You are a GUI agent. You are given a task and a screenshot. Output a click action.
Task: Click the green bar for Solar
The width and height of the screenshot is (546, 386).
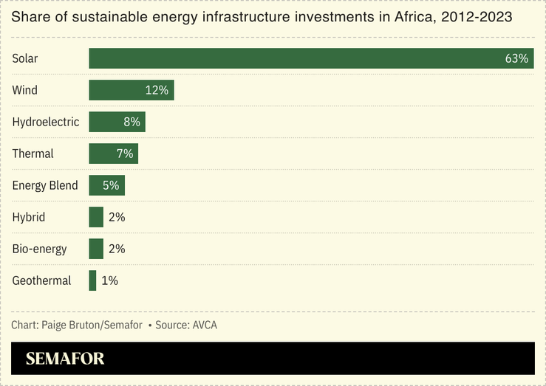click(x=296, y=58)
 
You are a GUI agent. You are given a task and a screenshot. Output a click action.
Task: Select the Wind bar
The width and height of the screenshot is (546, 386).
click(x=118, y=90)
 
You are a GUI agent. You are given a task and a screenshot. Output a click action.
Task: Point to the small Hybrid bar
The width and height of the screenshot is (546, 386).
click(x=96, y=217)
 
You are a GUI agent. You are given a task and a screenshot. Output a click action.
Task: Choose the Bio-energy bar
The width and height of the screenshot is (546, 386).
click(x=96, y=249)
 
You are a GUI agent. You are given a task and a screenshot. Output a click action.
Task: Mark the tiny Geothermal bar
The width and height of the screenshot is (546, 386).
click(x=92, y=280)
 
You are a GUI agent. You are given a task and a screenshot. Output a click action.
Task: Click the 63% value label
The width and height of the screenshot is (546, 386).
click(x=516, y=58)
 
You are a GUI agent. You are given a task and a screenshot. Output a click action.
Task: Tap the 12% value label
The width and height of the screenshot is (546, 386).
click(x=157, y=90)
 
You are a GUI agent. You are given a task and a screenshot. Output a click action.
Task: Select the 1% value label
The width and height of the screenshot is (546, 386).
click(x=109, y=280)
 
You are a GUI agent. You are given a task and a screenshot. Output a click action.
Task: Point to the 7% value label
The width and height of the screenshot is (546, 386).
click(x=124, y=154)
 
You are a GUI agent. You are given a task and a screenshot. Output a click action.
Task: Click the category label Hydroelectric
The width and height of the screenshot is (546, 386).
click(x=45, y=122)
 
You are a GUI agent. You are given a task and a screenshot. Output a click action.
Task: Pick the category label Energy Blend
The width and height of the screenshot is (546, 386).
click(x=44, y=185)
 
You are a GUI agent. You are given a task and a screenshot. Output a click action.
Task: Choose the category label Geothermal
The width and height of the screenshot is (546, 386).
click(x=41, y=280)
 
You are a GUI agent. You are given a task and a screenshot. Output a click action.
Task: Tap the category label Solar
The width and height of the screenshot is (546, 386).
click(x=24, y=58)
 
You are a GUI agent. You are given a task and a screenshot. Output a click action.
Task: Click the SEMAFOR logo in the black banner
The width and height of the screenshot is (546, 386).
click(x=65, y=359)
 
